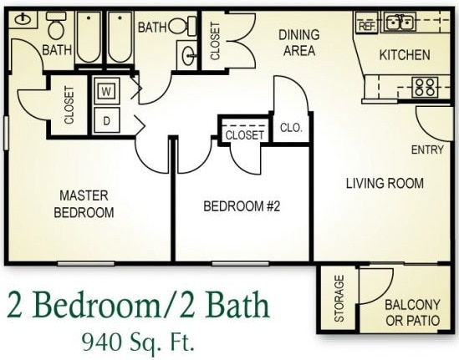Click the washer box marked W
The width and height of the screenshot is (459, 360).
tap(106, 90)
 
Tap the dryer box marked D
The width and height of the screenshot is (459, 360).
tap(106, 119)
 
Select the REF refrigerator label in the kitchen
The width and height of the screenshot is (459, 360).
tap(366, 26)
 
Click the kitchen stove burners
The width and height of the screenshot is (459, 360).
tap(426, 85)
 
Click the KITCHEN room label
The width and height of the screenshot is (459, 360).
tap(405, 55)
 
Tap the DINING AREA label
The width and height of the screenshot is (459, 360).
tap(298, 43)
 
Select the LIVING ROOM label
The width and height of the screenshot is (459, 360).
tap(385, 183)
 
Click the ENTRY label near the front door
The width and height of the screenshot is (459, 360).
tap(428, 150)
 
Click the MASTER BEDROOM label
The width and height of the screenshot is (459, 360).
tap(84, 204)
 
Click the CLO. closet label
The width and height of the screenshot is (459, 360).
tap(290, 129)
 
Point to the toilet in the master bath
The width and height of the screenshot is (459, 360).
tap(57, 29)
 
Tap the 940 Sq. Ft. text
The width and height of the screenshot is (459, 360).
tap(137, 342)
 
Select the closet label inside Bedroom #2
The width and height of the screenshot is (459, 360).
tap(244, 134)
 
